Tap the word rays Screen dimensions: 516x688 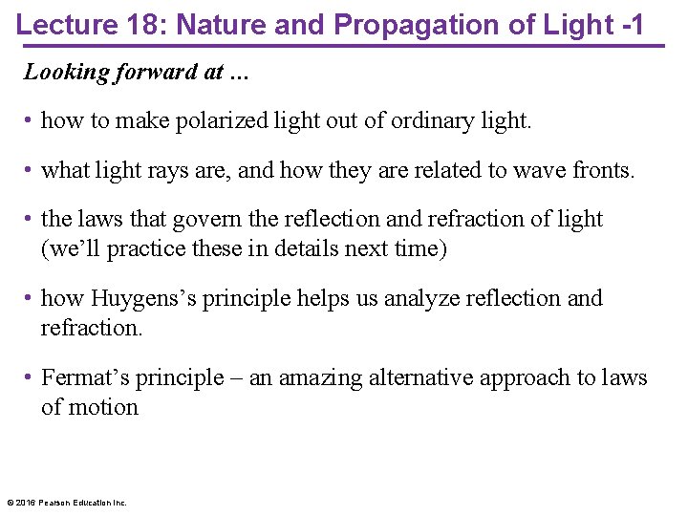pos(165,171)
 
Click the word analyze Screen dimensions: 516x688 pos(420,299)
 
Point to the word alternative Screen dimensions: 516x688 pos(415,378)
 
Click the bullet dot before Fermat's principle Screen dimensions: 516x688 pos(30,378)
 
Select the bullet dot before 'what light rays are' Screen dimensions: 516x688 pos(30,171)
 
